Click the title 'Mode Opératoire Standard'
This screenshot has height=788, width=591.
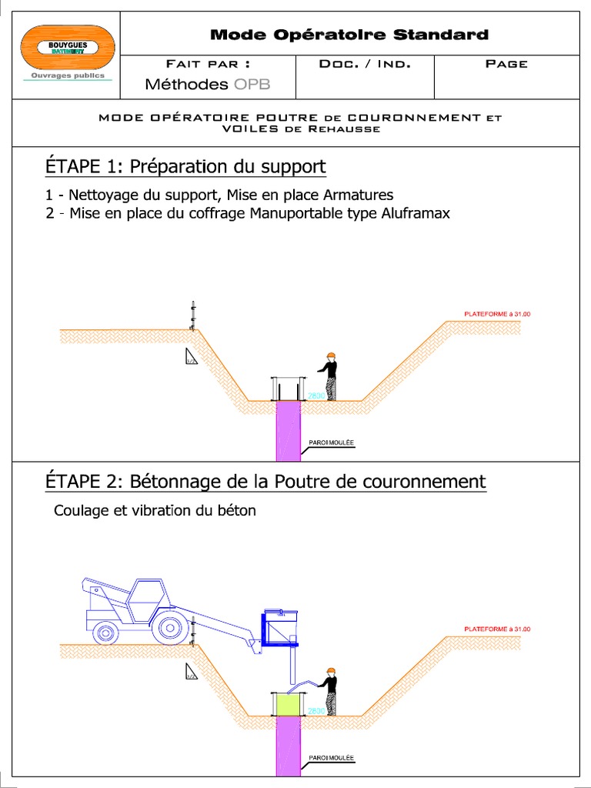click(349, 35)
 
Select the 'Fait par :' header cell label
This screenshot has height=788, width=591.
click(208, 64)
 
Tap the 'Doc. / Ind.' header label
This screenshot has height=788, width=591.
click(365, 64)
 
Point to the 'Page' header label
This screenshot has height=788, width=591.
click(506, 64)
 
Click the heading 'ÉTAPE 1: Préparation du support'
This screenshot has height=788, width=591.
click(185, 166)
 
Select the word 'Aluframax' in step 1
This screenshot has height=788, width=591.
click(416, 213)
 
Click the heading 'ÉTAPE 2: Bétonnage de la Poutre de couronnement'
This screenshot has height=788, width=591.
click(265, 482)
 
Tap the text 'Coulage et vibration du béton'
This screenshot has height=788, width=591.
click(155, 510)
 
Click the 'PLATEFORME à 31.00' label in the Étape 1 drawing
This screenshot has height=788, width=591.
click(497, 314)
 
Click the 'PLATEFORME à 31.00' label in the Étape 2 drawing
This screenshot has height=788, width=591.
click(497, 629)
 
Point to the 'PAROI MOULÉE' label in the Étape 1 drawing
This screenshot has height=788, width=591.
click(331, 442)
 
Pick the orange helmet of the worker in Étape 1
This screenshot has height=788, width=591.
click(331, 356)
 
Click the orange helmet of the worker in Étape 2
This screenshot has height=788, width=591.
click(331, 671)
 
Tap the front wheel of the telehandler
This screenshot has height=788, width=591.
click(169, 627)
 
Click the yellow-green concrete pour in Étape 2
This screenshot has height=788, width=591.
click(288, 704)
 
